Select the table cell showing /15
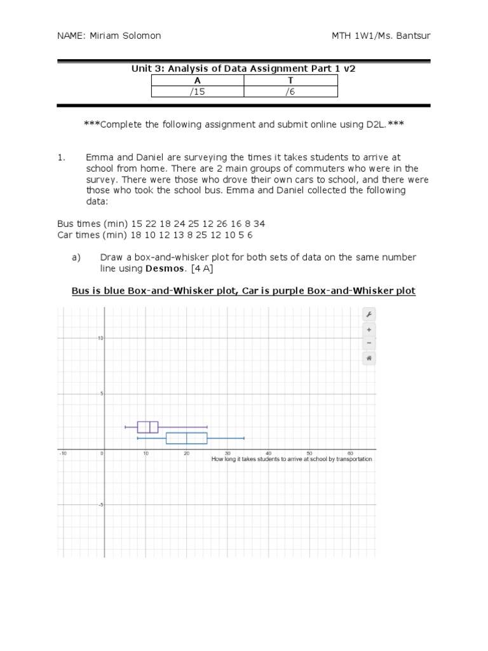tap(198, 92)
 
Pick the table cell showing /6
tap(291, 92)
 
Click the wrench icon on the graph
tap(369, 315)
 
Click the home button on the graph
tap(369, 358)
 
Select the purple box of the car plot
tap(148, 427)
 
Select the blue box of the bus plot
tap(186, 438)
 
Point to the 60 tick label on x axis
tap(350, 453)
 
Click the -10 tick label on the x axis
tap(63, 453)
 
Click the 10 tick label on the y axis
tap(99, 338)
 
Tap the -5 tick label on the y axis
tap(99, 505)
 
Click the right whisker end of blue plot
tap(244, 438)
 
